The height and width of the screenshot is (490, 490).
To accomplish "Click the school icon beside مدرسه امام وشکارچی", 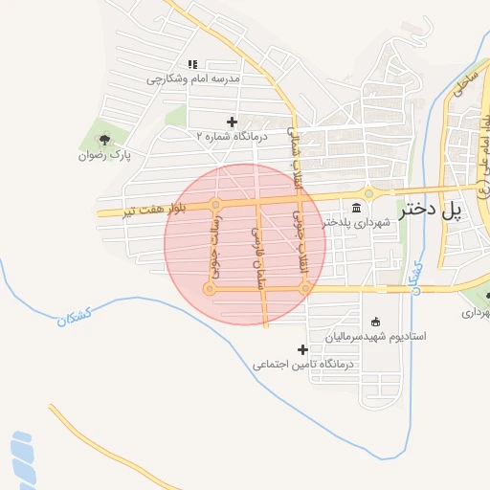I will [192, 64].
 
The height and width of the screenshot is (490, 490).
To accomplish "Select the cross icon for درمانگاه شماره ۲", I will [232, 122].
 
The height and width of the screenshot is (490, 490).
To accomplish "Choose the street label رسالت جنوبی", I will [212, 246].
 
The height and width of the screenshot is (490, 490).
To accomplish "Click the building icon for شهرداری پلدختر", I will [356, 208].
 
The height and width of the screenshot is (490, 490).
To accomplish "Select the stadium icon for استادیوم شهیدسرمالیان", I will [375, 322].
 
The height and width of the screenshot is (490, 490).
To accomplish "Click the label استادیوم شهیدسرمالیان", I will [374, 337].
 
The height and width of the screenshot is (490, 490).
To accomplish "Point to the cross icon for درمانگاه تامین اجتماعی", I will [303, 349].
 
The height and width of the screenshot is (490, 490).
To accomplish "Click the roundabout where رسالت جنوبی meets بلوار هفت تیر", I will [216, 204].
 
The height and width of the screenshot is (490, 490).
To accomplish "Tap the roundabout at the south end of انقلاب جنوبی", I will [304, 287].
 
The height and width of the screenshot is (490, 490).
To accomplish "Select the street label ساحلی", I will [466, 78].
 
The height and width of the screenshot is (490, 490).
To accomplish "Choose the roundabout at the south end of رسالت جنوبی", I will [210, 288].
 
